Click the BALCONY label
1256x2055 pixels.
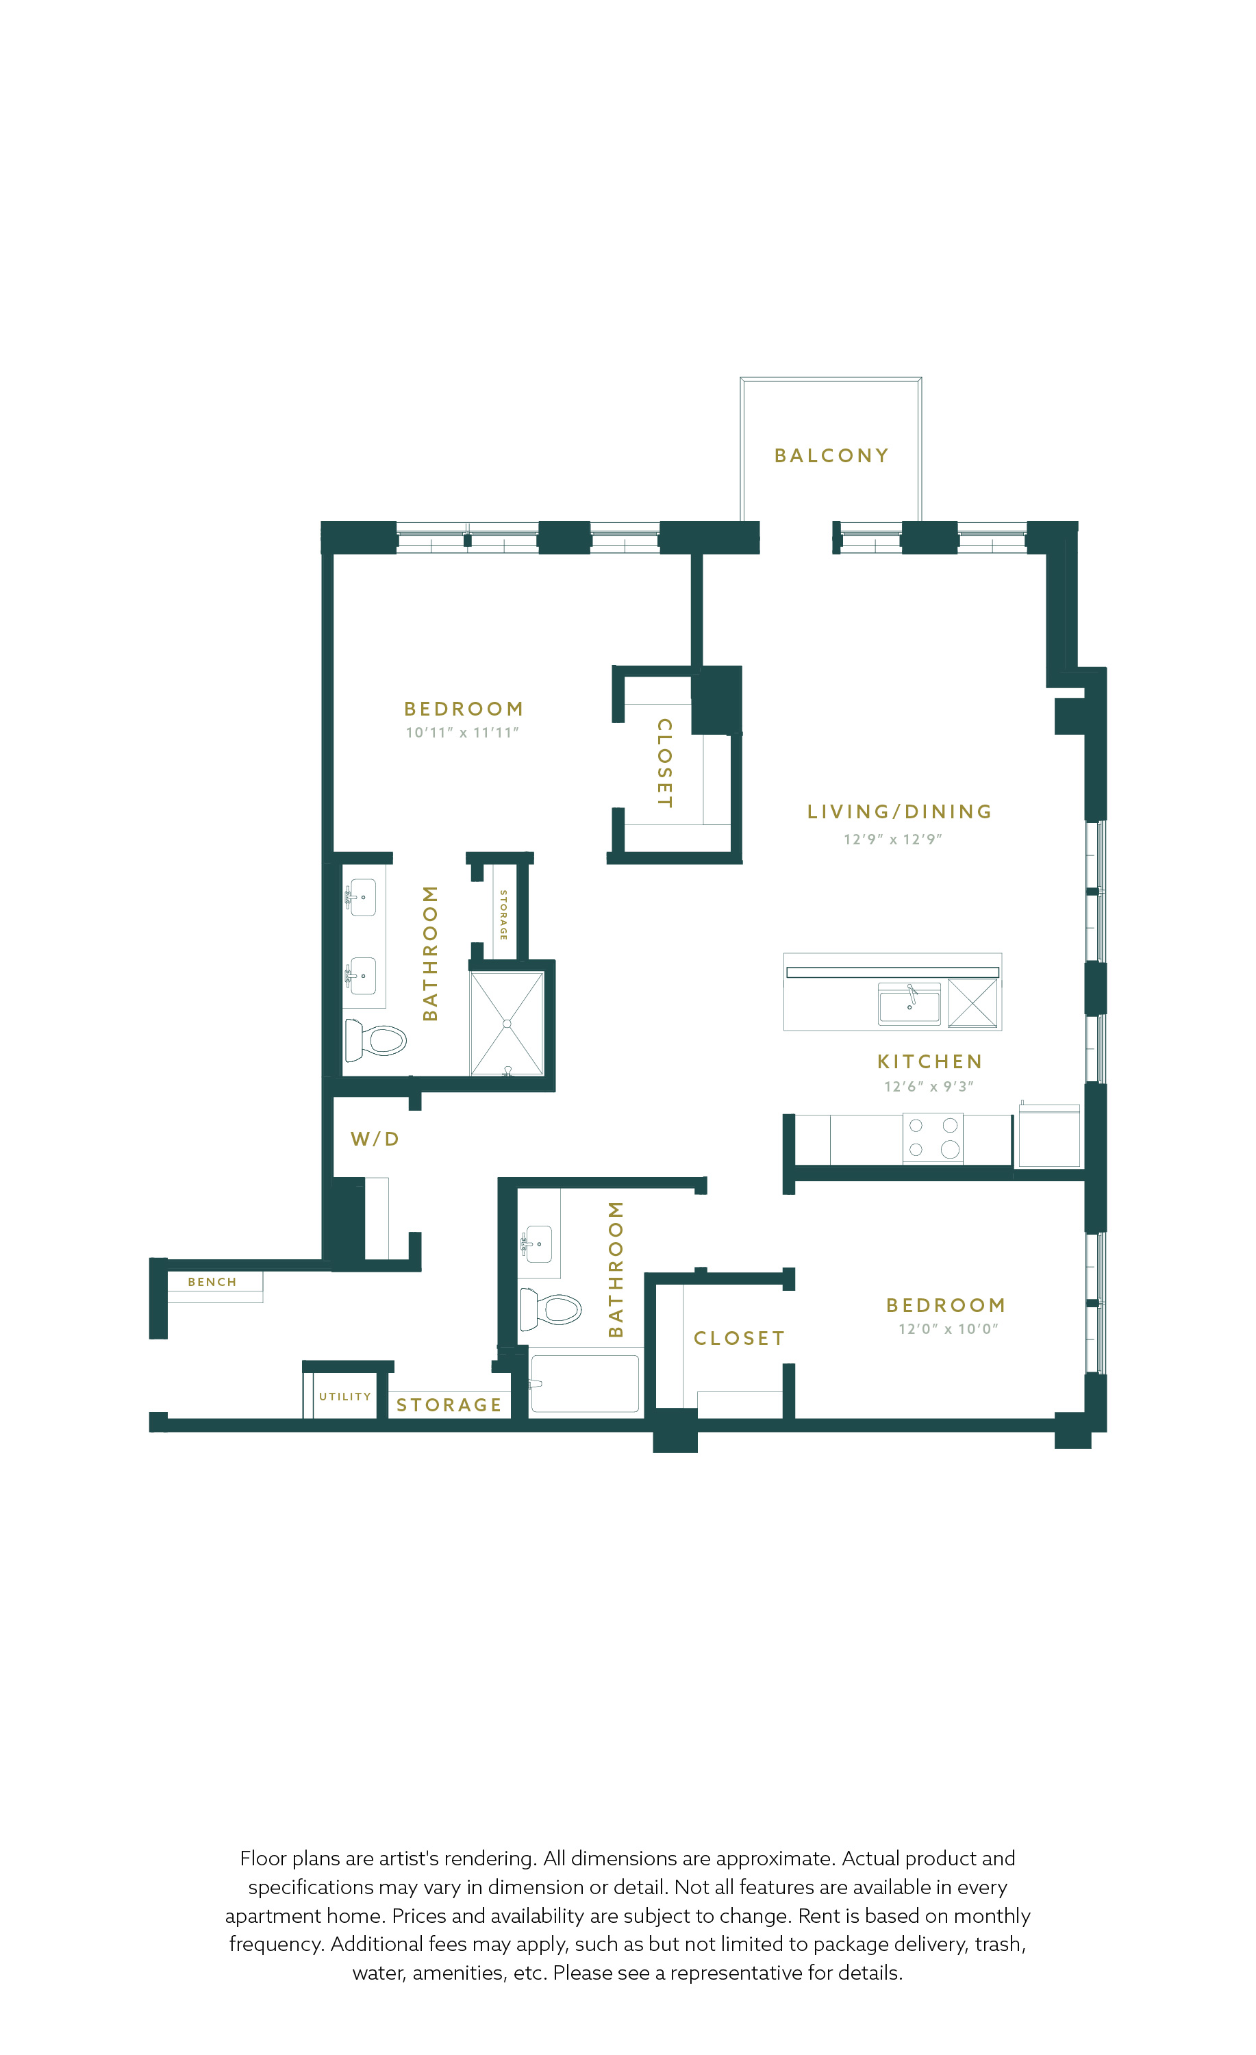[x=831, y=455]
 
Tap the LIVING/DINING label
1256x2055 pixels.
[x=899, y=811]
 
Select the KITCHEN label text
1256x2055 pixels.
[x=929, y=1061]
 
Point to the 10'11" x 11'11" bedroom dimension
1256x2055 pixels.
[x=462, y=732]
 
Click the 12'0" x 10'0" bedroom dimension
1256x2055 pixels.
[x=947, y=1328]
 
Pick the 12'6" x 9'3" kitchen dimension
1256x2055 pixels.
[x=928, y=1086]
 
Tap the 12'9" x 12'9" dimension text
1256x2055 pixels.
[x=892, y=839]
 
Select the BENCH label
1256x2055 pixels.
[x=212, y=1282]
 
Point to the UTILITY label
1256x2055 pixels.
[x=344, y=1396]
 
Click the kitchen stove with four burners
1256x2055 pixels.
[x=932, y=1137]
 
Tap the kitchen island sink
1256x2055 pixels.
[x=909, y=1003]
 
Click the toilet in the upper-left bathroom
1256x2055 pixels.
[x=375, y=1040]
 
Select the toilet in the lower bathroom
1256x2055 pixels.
[x=551, y=1309]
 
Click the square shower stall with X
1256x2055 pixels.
[x=507, y=1023]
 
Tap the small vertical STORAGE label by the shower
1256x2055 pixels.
[x=503, y=915]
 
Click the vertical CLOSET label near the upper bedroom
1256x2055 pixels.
[x=665, y=762]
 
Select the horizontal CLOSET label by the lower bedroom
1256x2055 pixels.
[x=739, y=1339]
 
